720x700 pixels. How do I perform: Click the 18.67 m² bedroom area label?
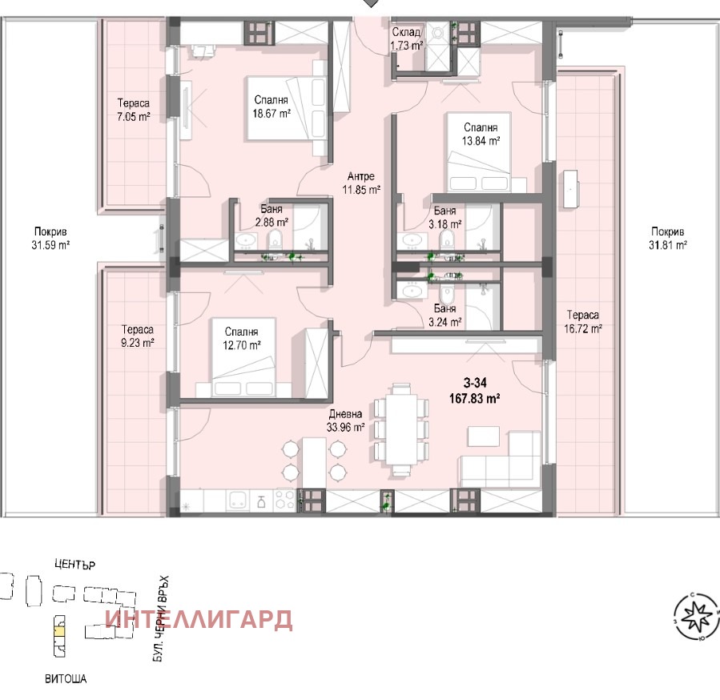[272, 107]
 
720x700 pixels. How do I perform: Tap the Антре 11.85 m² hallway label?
[361, 183]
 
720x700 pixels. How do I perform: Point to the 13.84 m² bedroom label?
[480, 134]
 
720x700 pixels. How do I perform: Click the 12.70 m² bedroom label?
[241, 339]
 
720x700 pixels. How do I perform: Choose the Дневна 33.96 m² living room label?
[346, 421]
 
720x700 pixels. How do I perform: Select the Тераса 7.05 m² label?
[134, 111]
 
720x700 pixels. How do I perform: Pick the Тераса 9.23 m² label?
[138, 335]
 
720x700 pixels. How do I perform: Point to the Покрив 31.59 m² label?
[46, 239]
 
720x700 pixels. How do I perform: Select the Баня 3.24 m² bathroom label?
[445, 316]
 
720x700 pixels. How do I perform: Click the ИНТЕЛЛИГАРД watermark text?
[199, 619]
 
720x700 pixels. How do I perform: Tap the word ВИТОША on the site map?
[65, 679]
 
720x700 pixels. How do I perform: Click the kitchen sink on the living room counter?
[237, 501]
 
